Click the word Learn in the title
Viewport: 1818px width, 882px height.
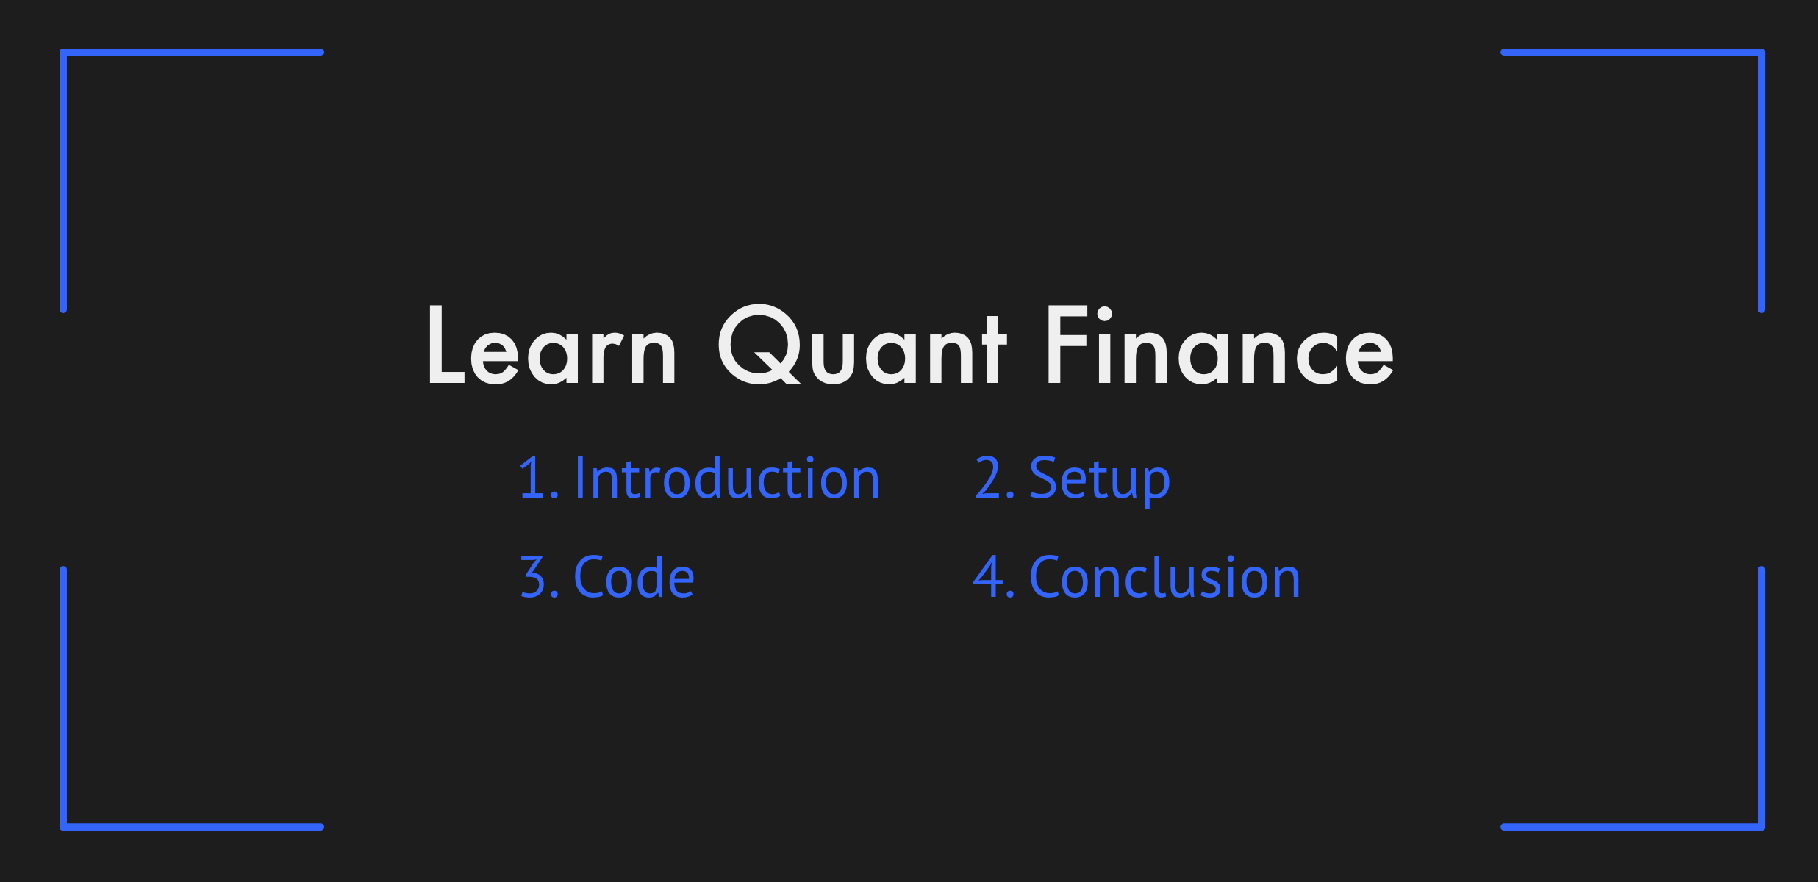552,345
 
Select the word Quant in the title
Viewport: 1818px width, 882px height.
862,344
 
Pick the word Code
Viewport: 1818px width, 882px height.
634,577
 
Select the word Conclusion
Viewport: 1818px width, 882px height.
1165,577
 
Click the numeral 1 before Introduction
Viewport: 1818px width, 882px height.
533,478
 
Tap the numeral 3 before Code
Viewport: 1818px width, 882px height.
533,577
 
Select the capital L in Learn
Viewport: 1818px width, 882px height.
446,345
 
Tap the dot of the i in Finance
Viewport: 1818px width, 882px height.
1104,315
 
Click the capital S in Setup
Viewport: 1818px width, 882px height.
1045,478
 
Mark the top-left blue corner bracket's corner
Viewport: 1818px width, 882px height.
63,52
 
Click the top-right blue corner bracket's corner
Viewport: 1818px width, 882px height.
1761,52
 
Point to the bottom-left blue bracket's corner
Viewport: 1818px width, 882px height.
63,827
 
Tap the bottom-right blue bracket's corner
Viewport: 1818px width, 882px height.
1761,827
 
